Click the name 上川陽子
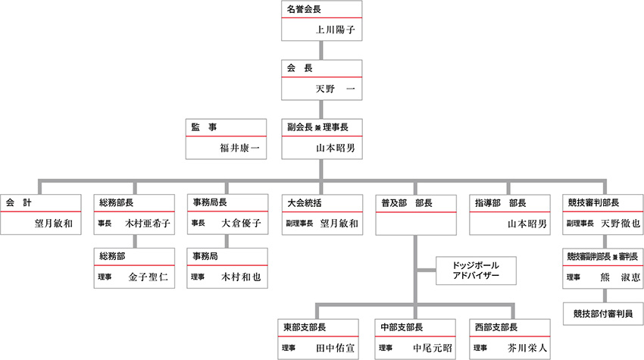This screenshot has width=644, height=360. click(x=335, y=31)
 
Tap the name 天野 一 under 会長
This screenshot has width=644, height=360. click(x=335, y=89)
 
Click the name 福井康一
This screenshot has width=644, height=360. click(x=239, y=148)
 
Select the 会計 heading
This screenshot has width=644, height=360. click(x=18, y=203)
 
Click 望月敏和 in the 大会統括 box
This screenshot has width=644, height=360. click(x=339, y=224)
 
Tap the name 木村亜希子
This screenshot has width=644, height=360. click(x=148, y=224)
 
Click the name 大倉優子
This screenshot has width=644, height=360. click(x=241, y=224)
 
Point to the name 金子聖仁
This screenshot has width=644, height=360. click(x=148, y=277)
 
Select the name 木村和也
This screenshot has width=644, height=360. click(x=241, y=277)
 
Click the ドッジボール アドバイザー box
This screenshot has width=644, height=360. click(x=476, y=271)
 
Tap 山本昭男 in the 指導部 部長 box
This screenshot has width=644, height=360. click(x=527, y=224)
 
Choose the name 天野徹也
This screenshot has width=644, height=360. click(x=620, y=224)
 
